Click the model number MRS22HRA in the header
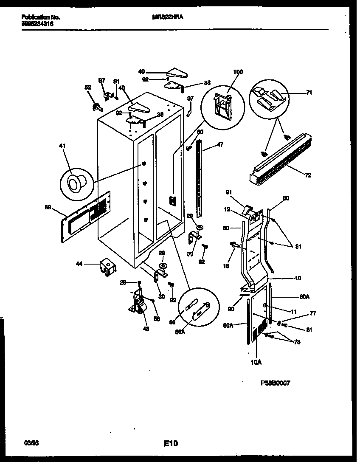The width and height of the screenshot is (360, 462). click(x=164, y=17)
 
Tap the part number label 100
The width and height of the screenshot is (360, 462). click(x=238, y=72)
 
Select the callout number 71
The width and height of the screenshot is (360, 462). click(x=309, y=92)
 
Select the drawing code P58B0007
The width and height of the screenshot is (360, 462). click(x=275, y=383)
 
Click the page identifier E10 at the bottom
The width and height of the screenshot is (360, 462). click(x=171, y=444)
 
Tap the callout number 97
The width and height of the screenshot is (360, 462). click(x=101, y=80)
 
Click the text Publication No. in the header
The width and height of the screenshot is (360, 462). click(x=40, y=17)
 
